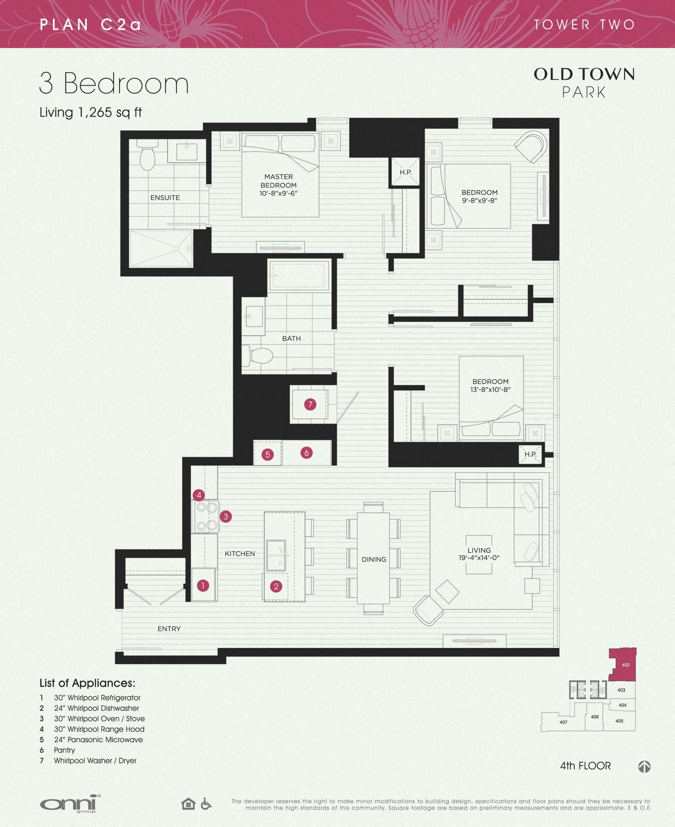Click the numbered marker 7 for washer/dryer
(x=310, y=404)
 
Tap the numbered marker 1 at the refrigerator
(x=203, y=585)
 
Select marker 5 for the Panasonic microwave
(x=268, y=454)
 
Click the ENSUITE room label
(x=165, y=198)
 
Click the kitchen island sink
(x=276, y=555)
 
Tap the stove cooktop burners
(x=206, y=516)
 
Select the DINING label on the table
(x=374, y=559)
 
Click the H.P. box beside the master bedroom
(x=405, y=172)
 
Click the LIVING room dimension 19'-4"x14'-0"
(x=479, y=558)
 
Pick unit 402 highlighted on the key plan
(x=625, y=664)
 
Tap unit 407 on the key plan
(x=563, y=722)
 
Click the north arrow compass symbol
(x=644, y=766)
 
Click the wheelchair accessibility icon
(x=206, y=803)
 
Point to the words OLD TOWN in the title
(x=584, y=74)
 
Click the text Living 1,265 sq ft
(x=91, y=112)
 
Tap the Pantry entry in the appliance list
(x=65, y=750)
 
